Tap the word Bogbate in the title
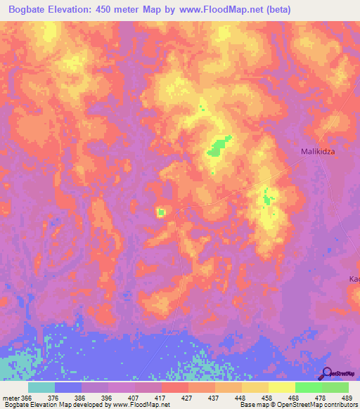pyautogui.click(x=33, y=10)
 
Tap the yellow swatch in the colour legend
pyautogui.click(x=281, y=387)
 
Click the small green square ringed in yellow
pyautogui.click(x=160, y=212)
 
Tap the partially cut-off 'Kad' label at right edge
pyautogui.click(x=354, y=279)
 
